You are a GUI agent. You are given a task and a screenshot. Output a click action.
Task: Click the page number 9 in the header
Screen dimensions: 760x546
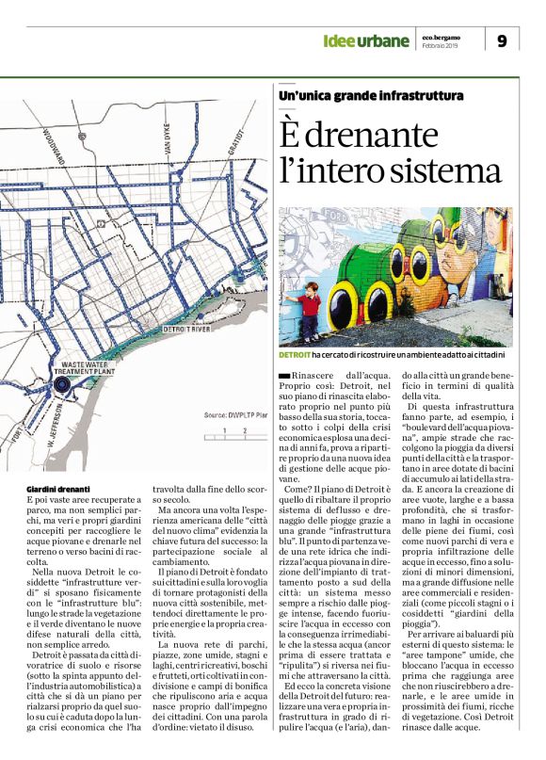click(x=502, y=40)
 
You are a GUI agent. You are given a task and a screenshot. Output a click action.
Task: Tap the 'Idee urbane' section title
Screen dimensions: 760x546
click(x=365, y=40)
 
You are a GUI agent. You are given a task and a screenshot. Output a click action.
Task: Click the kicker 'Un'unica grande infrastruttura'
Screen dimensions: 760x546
click(x=370, y=96)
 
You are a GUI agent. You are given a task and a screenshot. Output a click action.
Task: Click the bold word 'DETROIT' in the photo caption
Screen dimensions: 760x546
click(x=296, y=355)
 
